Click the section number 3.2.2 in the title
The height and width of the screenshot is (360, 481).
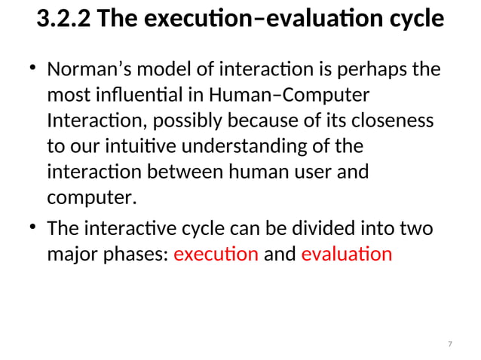(64, 20)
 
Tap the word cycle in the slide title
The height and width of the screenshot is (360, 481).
(412, 20)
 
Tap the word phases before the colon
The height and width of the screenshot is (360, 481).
(135, 254)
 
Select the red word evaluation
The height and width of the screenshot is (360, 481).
(346, 254)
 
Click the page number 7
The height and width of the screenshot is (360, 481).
(450, 344)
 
